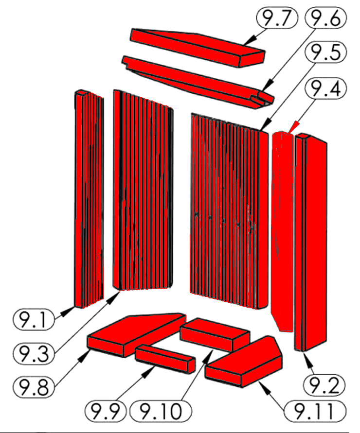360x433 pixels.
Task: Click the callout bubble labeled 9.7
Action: tap(277, 17)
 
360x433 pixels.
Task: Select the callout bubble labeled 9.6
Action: tap(325, 17)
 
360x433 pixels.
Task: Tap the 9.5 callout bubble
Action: tap(325, 52)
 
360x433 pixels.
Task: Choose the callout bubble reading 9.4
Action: tap(325, 88)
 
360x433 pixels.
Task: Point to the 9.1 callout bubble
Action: tap(33, 320)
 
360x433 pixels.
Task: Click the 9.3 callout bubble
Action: tap(33, 353)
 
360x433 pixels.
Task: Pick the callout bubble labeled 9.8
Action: tap(33, 387)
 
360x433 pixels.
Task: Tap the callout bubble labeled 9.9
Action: tap(105, 411)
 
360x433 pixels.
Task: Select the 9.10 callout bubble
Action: tap(161, 411)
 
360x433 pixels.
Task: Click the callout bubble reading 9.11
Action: tap(315, 411)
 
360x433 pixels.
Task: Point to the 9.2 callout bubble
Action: tap(324, 385)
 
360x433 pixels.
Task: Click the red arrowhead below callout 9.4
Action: tap(294, 127)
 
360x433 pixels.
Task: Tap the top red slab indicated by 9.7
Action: tap(198, 47)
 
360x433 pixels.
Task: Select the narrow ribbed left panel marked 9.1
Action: tap(89, 198)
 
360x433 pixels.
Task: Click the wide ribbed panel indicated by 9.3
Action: tap(143, 191)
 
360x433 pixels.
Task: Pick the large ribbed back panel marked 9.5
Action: tap(229, 211)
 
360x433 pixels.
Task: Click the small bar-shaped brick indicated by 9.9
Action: tap(165, 359)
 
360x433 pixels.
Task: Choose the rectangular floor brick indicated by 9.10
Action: tap(215, 334)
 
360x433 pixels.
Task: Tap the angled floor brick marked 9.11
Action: tap(244, 362)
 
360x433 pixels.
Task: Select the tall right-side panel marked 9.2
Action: tap(311, 242)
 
